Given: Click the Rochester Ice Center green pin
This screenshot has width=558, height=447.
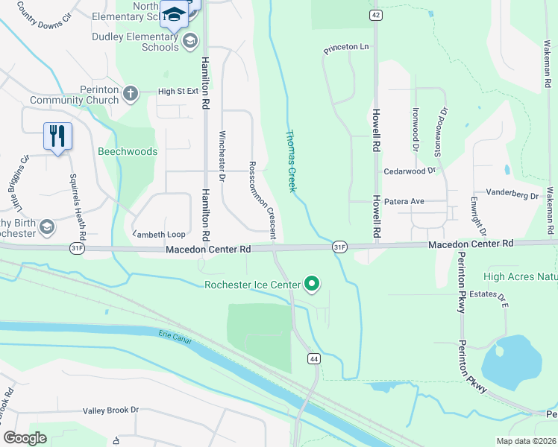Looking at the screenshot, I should [312, 284].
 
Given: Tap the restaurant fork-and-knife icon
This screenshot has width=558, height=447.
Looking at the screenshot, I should [57, 136].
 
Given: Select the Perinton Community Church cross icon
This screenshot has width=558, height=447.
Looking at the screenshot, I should [131, 93].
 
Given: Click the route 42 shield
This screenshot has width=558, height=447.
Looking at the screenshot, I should [374, 15].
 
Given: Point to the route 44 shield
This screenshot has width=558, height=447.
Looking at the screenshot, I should [314, 359].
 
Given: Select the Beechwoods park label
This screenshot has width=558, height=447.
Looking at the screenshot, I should [128, 151].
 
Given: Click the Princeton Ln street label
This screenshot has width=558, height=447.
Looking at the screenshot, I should [346, 48].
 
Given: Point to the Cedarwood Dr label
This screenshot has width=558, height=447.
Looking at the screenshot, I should [409, 171].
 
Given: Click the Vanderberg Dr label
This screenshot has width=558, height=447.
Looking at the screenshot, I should [512, 194].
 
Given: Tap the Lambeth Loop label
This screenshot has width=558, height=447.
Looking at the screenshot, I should [159, 234].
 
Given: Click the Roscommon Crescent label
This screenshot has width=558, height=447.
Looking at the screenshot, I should [263, 200].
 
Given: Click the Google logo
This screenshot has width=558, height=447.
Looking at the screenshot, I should [25, 438].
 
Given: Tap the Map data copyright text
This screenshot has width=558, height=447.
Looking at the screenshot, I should [526, 441].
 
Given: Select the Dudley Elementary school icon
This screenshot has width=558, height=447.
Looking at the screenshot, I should [190, 40].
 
